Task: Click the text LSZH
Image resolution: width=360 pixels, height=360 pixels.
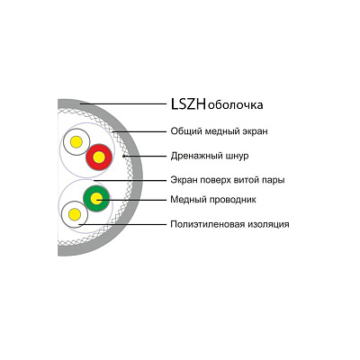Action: [188, 104]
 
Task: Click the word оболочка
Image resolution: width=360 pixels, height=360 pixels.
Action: [235, 105]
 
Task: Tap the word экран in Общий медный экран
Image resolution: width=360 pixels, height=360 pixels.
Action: [255, 132]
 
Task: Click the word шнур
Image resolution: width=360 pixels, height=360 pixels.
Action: [237, 157]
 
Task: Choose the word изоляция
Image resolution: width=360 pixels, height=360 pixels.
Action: [268, 225]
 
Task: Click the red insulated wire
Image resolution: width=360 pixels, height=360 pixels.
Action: [99, 157]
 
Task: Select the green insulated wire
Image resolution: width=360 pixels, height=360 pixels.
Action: [96, 198]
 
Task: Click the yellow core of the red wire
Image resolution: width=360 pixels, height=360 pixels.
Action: [99, 157]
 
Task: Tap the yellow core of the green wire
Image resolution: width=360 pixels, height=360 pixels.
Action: [96, 198]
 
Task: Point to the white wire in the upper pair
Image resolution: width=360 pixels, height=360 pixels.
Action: [76, 142]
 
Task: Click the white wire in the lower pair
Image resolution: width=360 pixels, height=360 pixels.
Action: [75, 214]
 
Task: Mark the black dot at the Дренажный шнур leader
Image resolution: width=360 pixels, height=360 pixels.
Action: [123, 157]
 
